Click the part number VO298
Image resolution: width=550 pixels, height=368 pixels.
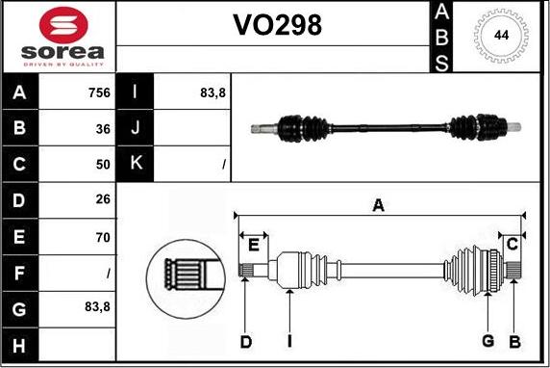tap(278, 27)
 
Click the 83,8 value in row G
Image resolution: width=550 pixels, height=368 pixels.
tap(96, 307)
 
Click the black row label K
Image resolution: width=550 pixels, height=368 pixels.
tap(136, 164)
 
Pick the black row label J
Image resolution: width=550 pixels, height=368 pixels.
tap(136, 128)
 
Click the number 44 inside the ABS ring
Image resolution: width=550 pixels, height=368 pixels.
tap(501, 36)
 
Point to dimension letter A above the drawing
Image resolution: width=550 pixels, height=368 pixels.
tap(379, 204)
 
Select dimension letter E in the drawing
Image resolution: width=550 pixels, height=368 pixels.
tap(253, 245)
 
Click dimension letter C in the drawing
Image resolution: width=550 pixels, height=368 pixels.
tap(512, 243)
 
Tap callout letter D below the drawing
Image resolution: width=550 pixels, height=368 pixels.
tap(246, 341)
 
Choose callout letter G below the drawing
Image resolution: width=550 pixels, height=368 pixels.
tap(488, 341)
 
